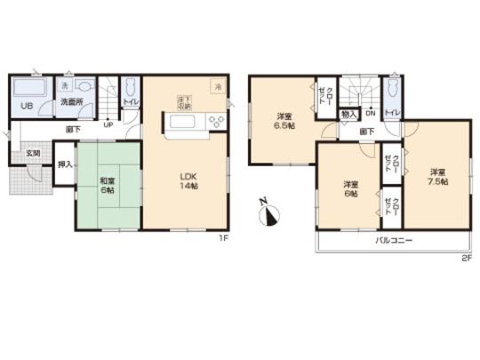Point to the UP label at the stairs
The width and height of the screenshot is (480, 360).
[x=108, y=124]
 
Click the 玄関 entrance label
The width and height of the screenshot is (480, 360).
[x=33, y=154]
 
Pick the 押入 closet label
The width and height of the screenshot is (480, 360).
[x=64, y=165]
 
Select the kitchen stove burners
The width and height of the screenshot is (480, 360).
[x=213, y=122]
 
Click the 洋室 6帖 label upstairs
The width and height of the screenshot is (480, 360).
[x=349, y=188]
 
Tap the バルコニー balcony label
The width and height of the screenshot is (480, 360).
[x=392, y=241]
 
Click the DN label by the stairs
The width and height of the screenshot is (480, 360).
[x=369, y=114]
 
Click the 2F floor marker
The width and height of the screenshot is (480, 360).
[x=465, y=257]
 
